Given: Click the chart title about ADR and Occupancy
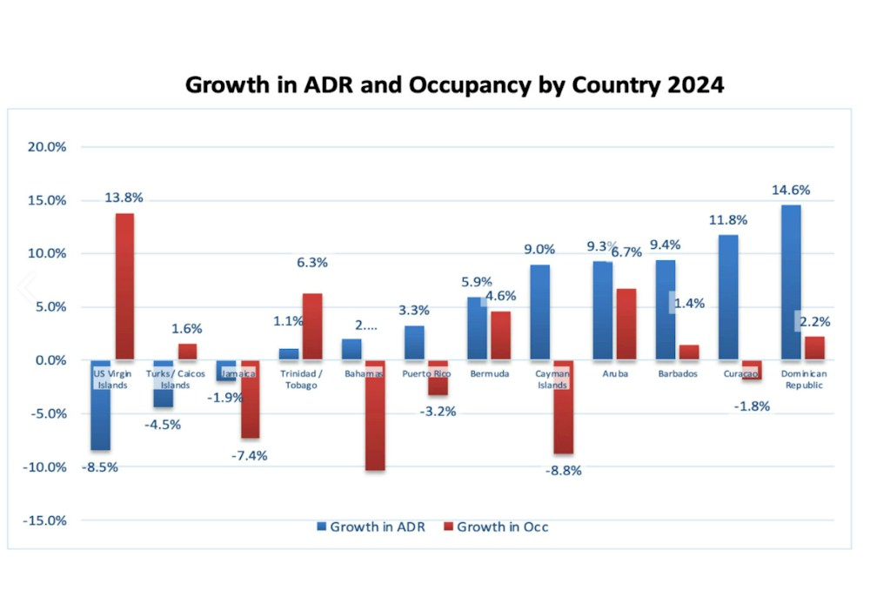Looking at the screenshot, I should click(x=455, y=85).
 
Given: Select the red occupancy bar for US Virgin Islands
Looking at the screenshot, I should click(x=124, y=286).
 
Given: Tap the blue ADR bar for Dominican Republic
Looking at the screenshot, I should click(x=791, y=282).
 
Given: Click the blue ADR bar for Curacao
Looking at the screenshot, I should click(x=728, y=297).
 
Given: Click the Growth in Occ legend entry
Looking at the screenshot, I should click(x=496, y=527).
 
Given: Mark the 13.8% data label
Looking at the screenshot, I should click(x=124, y=198).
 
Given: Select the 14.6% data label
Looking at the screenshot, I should click(x=791, y=190).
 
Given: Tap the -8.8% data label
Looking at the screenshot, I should click(x=563, y=471).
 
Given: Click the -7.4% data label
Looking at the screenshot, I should click(x=250, y=455).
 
